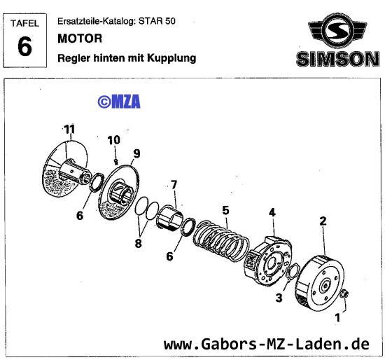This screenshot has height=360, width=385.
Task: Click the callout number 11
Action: click(69, 129)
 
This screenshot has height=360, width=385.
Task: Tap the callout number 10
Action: click(113, 141)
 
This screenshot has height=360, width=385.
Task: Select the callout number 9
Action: click(136, 153)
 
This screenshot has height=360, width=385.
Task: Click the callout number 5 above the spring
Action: click(225, 209)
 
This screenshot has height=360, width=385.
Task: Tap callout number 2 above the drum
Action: click(323, 221)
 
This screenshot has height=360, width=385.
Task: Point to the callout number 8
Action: click(139, 244)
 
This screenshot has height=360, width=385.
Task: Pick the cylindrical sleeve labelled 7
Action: click(172, 212)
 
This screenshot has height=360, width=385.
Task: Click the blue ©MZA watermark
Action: click(119, 102)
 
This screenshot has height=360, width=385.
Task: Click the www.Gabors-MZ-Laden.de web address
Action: click(266, 344)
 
